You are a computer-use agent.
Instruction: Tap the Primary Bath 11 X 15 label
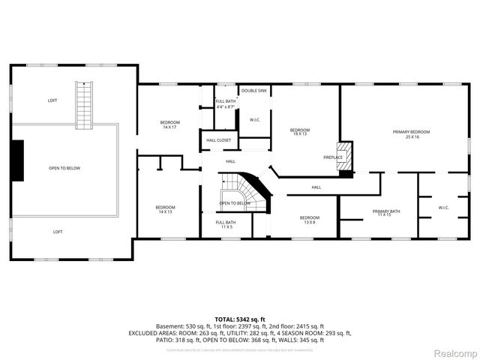pyautogui.click(x=386, y=214)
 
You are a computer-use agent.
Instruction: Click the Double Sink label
pyautogui.click(x=253, y=91)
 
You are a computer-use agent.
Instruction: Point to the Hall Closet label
pyautogui.click(x=218, y=140)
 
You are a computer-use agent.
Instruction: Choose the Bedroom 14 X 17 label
pyautogui.click(x=169, y=124)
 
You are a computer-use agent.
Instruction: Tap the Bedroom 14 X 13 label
pyautogui.click(x=165, y=209)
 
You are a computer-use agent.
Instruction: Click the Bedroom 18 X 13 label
pyautogui.click(x=300, y=132)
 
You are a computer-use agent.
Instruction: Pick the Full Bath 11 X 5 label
pyautogui.click(x=226, y=225)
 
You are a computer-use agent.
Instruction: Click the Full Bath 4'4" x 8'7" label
pyautogui.click(x=226, y=104)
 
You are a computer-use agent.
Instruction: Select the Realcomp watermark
pyautogui.click(x=456, y=352)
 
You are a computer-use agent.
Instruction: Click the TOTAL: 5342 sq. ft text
pyautogui.click(x=240, y=319)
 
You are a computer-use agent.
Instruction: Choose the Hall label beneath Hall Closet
pyautogui.click(x=231, y=161)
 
